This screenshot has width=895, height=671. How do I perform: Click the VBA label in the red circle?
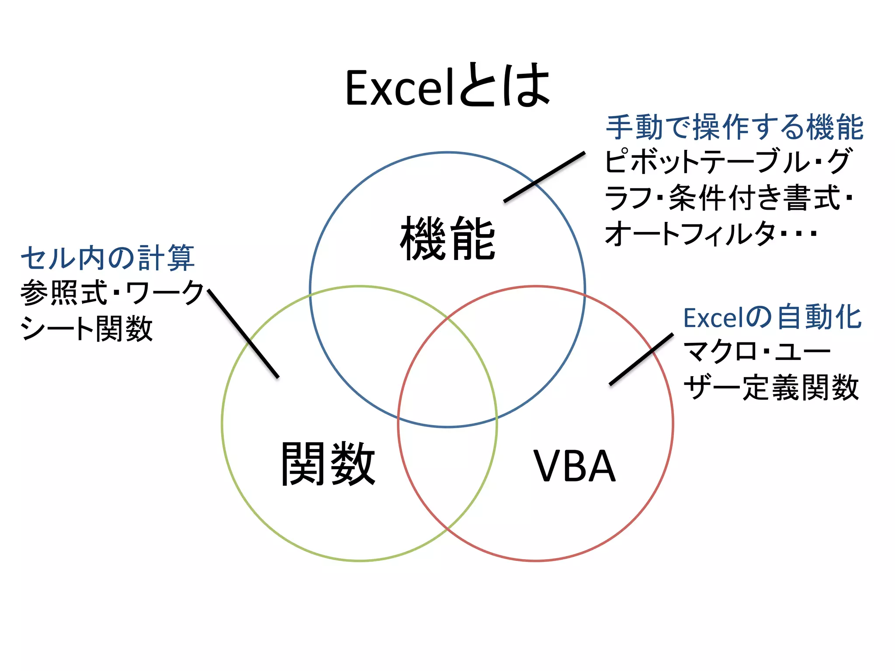(x=574, y=467)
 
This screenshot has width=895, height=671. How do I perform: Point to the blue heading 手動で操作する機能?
(x=734, y=128)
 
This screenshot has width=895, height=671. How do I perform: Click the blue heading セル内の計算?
(x=108, y=258)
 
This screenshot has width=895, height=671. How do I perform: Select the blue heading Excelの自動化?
(x=772, y=318)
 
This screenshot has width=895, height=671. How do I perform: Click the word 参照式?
(x=64, y=293)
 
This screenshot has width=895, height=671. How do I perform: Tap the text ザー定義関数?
(x=771, y=388)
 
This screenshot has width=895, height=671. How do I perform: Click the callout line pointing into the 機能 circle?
(x=545, y=177)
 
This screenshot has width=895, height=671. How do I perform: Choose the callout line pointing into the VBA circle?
(x=641, y=359)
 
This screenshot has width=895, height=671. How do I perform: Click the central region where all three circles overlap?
(x=447, y=376)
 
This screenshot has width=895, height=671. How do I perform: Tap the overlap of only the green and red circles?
(x=447, y=472)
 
